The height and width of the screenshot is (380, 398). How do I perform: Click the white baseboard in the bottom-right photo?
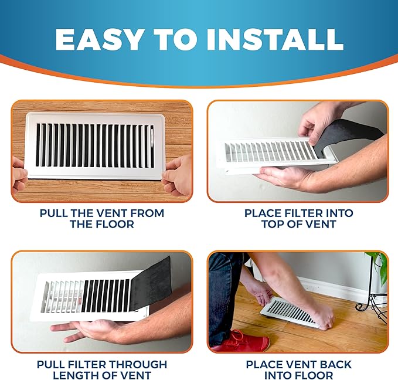pyautogui.click(x=328, y=287)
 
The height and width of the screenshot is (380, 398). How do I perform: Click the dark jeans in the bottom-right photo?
pyautogui.click(x=226, y=293)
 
